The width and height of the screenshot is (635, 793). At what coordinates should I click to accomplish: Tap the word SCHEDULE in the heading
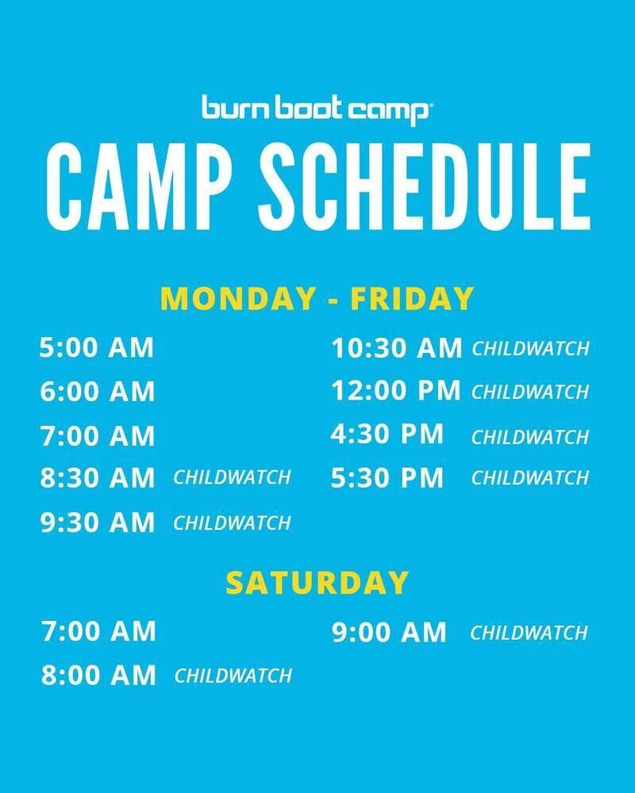click(x=425, y=186)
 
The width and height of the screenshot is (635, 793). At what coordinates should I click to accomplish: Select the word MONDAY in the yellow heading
click(x=238, y=298)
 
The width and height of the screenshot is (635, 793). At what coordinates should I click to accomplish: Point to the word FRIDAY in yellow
click(x=412, y=298)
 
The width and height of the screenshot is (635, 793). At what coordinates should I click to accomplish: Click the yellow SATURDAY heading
click(x=317, y=583)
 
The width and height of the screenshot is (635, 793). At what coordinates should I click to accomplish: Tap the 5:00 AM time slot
click(x=97, y=348)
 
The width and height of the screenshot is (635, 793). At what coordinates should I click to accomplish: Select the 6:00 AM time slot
click(x=97, y=392)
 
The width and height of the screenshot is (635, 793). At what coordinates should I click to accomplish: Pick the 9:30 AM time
click(x=97, y=523)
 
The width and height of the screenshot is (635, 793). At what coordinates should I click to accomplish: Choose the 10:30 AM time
click(x=397, y=348)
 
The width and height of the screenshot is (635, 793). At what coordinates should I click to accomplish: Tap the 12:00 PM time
click(x=396, y=390)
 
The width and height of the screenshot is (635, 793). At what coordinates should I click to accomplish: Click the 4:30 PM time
click(x=387, y=434)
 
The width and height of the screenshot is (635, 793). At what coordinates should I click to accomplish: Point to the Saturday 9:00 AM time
click(x=389, y=632)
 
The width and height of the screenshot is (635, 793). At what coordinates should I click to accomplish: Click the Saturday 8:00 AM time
click(x=98, y=675)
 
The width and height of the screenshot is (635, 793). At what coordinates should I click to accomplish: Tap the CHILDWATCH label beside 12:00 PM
click(x=530, y=392)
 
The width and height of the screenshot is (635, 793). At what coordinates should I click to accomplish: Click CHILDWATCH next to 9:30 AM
click(x=232, y=523)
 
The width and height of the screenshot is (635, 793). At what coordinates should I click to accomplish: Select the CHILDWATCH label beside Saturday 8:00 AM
click(x=233, y=676)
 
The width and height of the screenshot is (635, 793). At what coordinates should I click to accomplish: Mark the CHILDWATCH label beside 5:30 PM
click(x=530, y=478)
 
